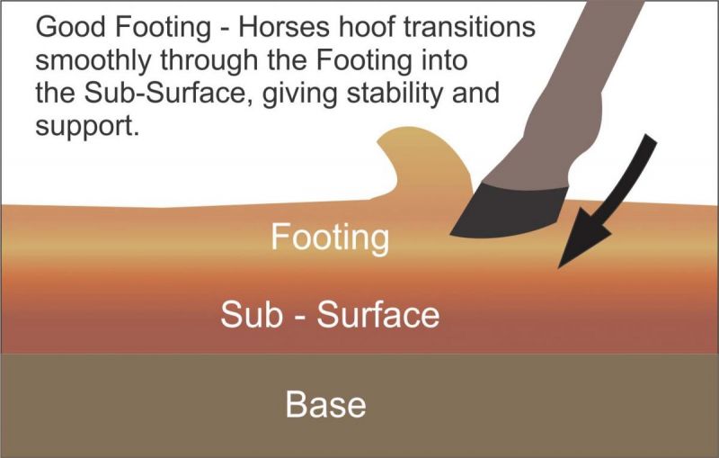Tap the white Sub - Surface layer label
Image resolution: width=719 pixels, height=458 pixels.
pos(330,316)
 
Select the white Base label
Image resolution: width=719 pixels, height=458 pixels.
pos(325,404)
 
